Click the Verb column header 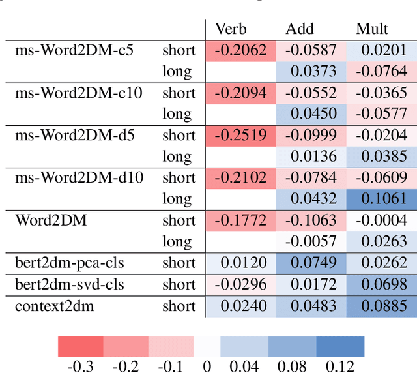[x=231, y=29]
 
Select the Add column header [x=299, y=29]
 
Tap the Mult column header [x=372, y=29]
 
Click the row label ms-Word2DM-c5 [x=74, y=50]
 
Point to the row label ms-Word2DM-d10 [x=79, y=177]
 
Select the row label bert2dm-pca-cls [x=69, y=263]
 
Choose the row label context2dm [x=55, y=306]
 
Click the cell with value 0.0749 [x=310, y=263]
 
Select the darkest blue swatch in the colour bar [x=339, y=346]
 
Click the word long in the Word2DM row [x=177, y=242]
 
